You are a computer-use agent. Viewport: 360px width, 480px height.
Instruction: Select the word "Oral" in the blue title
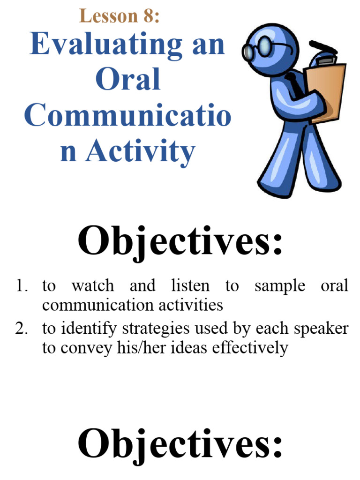pyautogui.click(x=127, y=80)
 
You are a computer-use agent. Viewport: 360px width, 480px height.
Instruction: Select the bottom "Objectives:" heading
pyautogui.click(x=180, y=442)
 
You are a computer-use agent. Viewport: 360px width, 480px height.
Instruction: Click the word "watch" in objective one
pyautogui.click(x=92, y=286)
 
